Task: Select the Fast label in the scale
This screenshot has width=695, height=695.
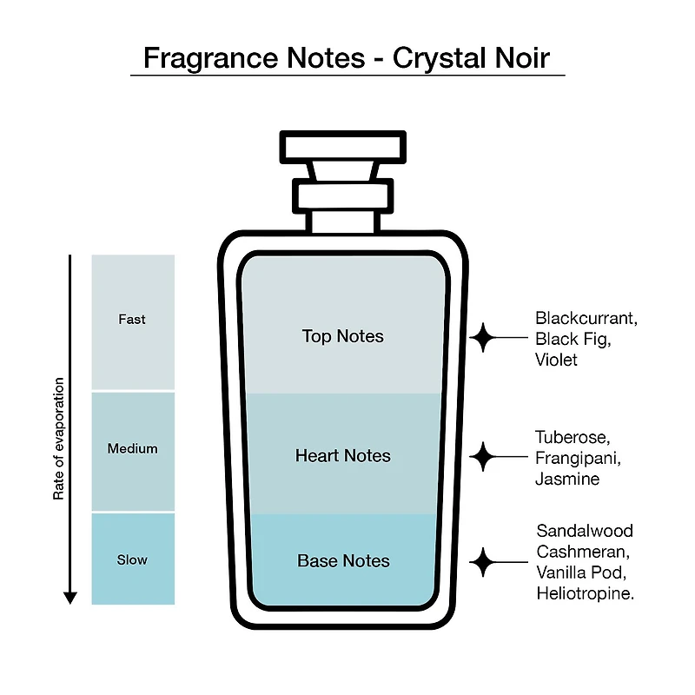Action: point(132,319)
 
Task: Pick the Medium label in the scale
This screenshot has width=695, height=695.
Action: point(132,448)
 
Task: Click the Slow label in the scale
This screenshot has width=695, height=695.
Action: point(132,559)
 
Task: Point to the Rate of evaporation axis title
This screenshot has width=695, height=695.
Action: point(58,439)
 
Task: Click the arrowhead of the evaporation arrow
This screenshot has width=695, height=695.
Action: point(70,598)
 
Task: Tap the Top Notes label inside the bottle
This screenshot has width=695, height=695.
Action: point(342,336)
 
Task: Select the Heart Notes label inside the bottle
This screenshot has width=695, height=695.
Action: point(342,455)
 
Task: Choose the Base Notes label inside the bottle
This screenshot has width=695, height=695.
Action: point(343,561)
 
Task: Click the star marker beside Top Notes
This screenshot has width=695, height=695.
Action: point(483,337)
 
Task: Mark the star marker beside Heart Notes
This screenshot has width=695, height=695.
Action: point(483,457)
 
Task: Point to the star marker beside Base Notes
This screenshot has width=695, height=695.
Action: point(483,562)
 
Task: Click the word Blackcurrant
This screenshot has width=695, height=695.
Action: point(586,318)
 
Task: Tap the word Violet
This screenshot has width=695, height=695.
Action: point(556,360)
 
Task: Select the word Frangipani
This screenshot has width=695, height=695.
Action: point(578,459)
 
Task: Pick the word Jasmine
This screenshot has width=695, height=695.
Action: point(567,479)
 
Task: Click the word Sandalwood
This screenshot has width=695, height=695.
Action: point(585,531)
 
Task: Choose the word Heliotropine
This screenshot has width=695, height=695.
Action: point(585,593)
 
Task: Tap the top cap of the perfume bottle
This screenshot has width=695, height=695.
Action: point(343,147)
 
